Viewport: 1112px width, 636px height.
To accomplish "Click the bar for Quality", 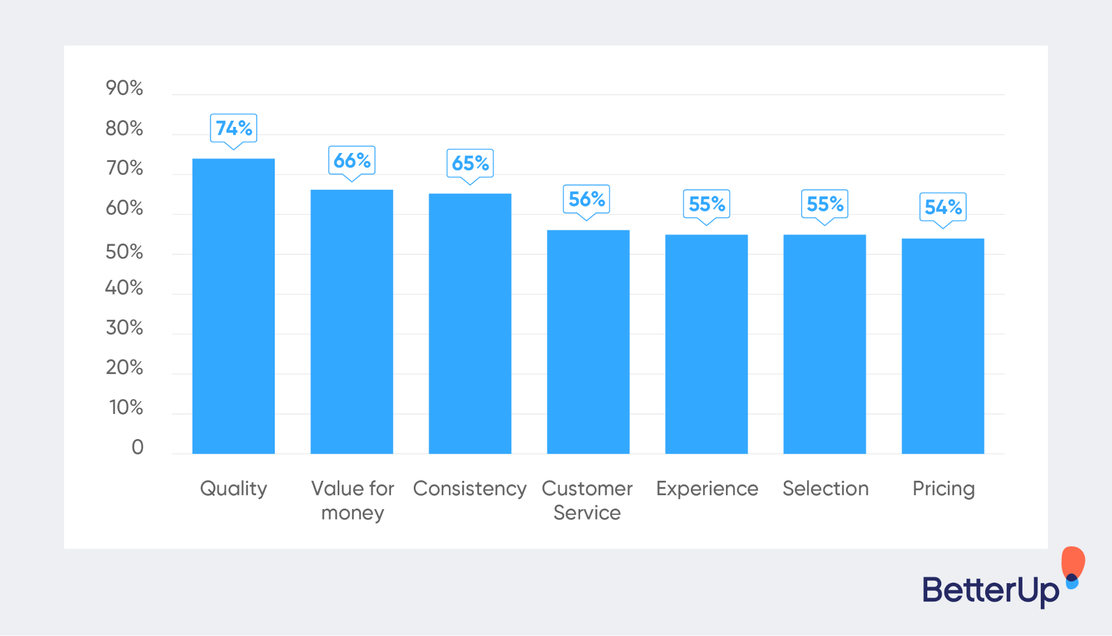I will (234, 306).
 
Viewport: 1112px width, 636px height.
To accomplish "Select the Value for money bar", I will (352, 322).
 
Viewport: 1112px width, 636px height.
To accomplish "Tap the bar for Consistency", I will (470, 323).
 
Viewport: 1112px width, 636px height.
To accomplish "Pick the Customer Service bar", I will (588, 342).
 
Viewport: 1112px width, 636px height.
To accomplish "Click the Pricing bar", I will (943, 346).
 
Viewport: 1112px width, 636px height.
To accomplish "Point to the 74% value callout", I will (234, 128).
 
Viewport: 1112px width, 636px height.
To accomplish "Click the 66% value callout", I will (352, 160).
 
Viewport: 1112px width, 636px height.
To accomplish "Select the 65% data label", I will (470, 163).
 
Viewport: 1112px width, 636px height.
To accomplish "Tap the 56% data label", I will (586, 199).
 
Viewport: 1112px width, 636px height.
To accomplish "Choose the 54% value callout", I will (943, 207).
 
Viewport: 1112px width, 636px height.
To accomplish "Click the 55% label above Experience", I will (706, 204).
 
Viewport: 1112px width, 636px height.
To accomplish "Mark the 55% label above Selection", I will (824, 204).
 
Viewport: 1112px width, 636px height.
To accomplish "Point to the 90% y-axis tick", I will (124, 88).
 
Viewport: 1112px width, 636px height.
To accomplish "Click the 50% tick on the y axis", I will (124, 252).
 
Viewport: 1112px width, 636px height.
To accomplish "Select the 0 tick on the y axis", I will (137, 447).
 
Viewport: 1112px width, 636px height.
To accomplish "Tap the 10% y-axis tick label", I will (126, 407).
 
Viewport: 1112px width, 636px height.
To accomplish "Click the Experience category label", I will (706, 489).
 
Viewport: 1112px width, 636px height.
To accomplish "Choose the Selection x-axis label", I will (825, 489).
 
